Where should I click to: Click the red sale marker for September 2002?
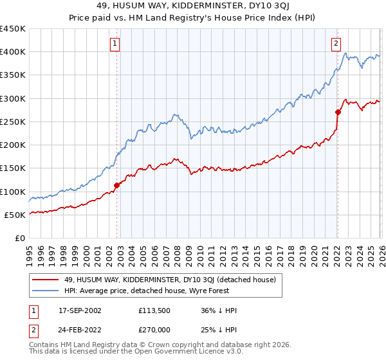pos(117,185)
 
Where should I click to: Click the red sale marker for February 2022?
pos(338,112)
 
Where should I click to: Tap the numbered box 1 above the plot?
pos(115,44)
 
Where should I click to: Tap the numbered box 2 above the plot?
pos(336,44)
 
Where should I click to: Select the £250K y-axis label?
pos(13,122)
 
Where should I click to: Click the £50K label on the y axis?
pos(15,215)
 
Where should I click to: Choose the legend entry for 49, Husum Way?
pos(170,280)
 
